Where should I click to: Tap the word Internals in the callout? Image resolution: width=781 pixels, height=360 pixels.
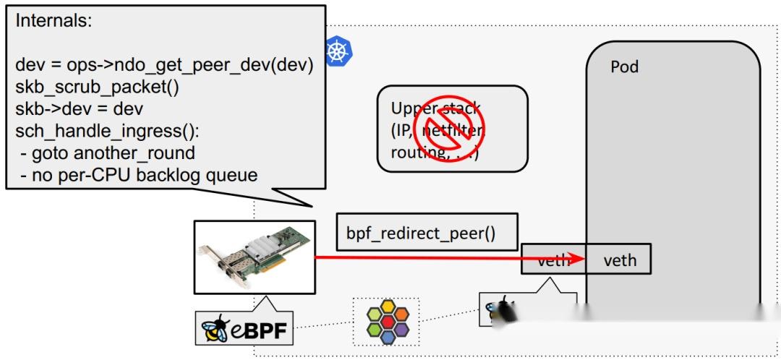(x=54, y=20)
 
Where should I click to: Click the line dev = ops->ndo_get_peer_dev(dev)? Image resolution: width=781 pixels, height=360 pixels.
(x=163, y=65)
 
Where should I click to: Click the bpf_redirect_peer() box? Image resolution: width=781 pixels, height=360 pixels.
(x=427, y=235)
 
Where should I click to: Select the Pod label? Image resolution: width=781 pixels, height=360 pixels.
(x=624, y=67)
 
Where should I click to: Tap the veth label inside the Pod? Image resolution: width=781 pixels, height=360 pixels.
(x=620, y=260)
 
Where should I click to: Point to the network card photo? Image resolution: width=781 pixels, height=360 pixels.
(x=255, y=256)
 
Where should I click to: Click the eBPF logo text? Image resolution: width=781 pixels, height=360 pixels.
(x=256, y=331)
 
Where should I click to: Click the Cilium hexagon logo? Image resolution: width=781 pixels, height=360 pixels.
(x=386, y=323)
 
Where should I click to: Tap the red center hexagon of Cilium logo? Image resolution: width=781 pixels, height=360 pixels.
(x=386, y=323)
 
